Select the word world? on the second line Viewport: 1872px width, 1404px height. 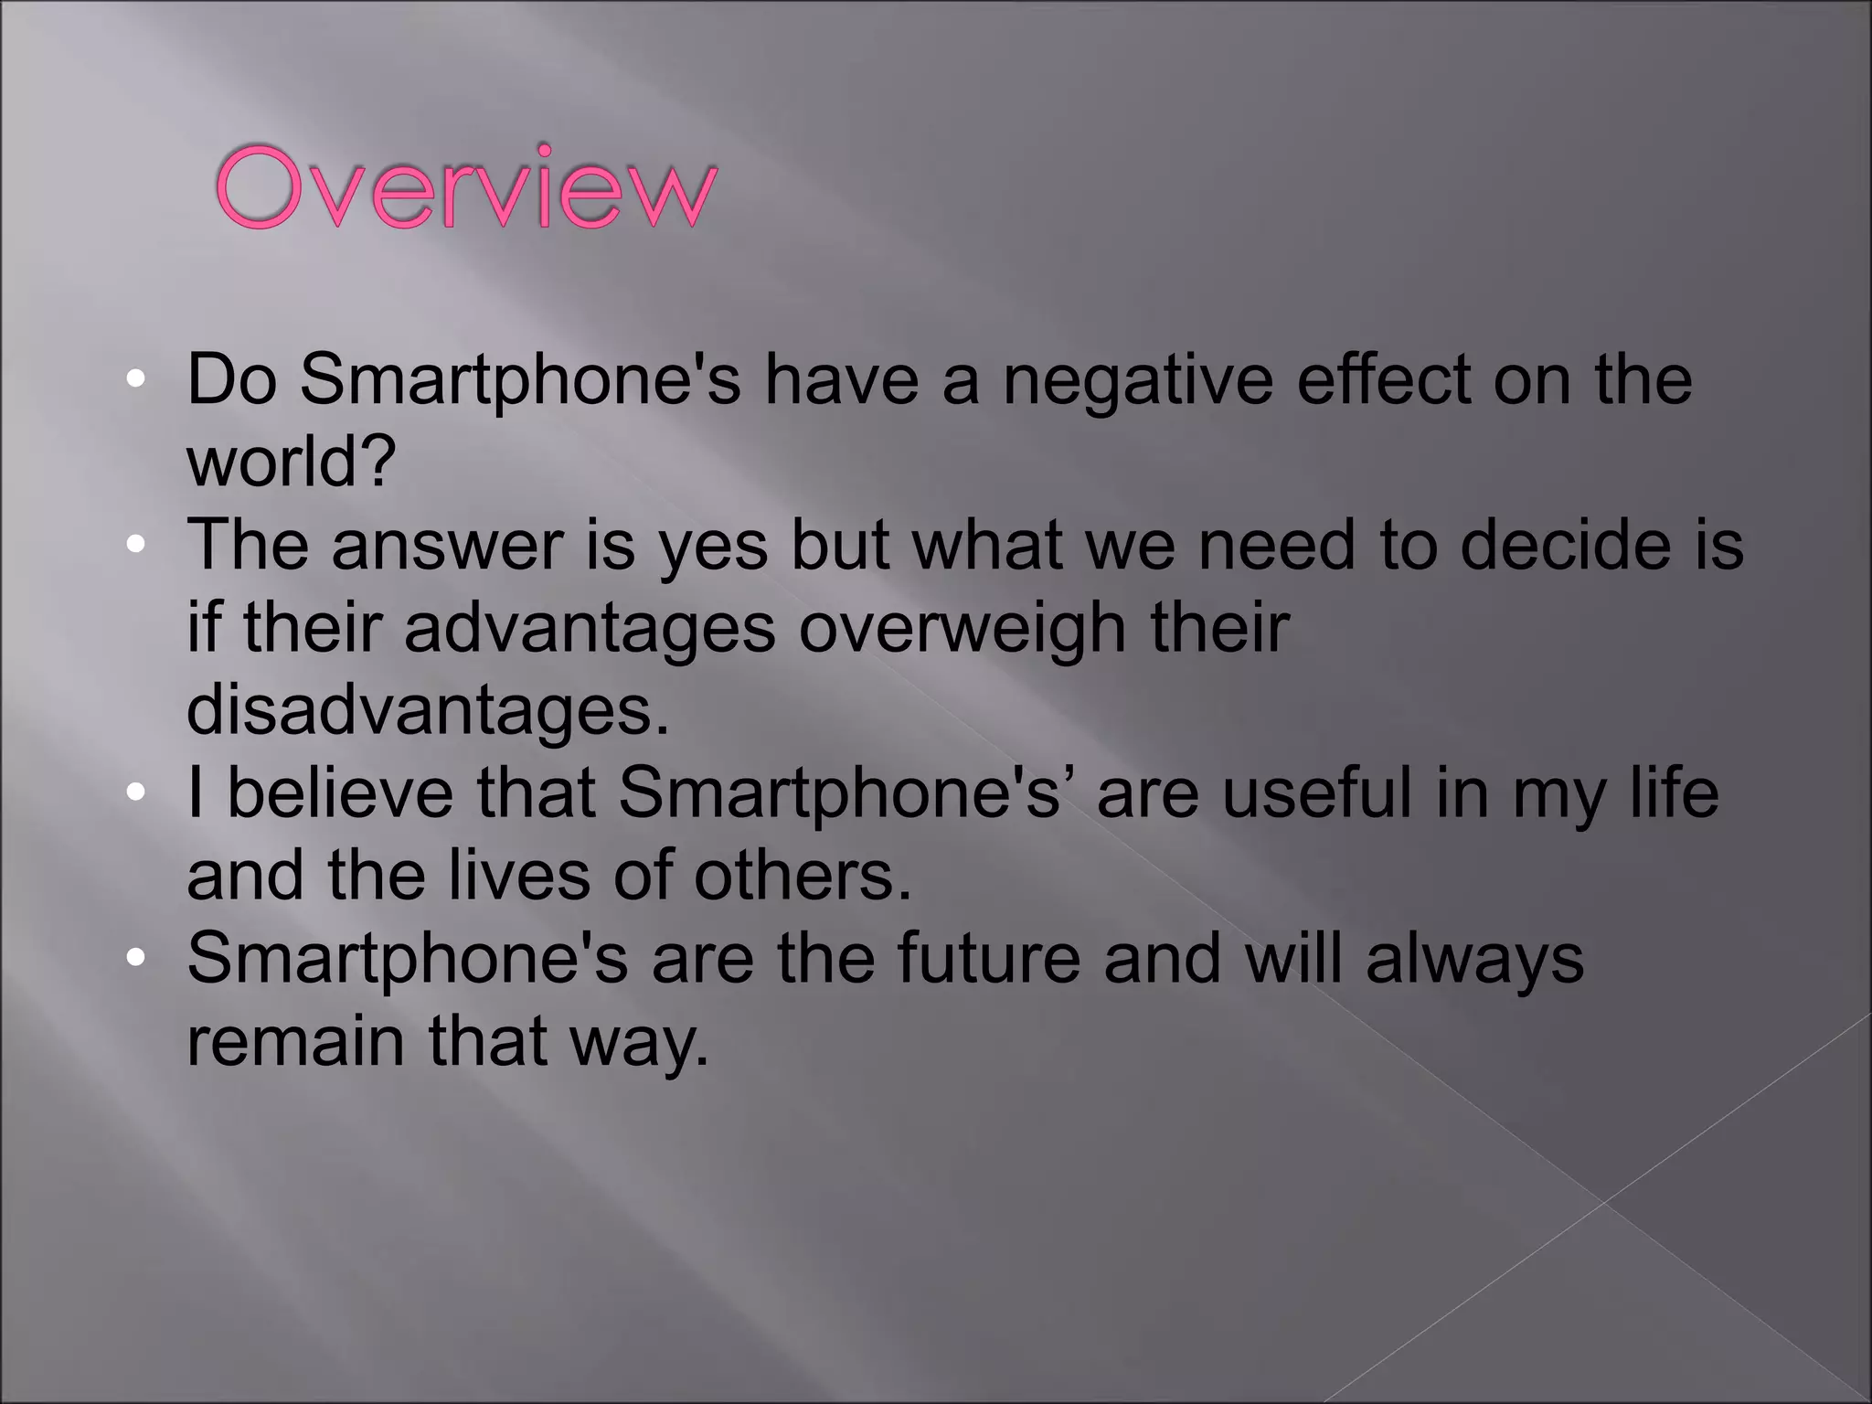pyautogui.click(x=292, y=462)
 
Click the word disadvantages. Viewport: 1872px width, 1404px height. pyautogui.click(x=428, y=710)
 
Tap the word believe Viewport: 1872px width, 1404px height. pyautogui.click(x=339, y=792)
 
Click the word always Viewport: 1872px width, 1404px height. pyautogui.click(x=1474, y=958)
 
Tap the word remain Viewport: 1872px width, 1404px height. pyautogui.click(x=295, y=1041)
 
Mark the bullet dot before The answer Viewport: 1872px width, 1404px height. pyautogui.click(x=135, y=546)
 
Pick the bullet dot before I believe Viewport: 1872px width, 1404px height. pyautogui.click(x=135, y=793)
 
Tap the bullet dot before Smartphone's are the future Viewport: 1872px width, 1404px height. pyautogui.click(x=135, y=959)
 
